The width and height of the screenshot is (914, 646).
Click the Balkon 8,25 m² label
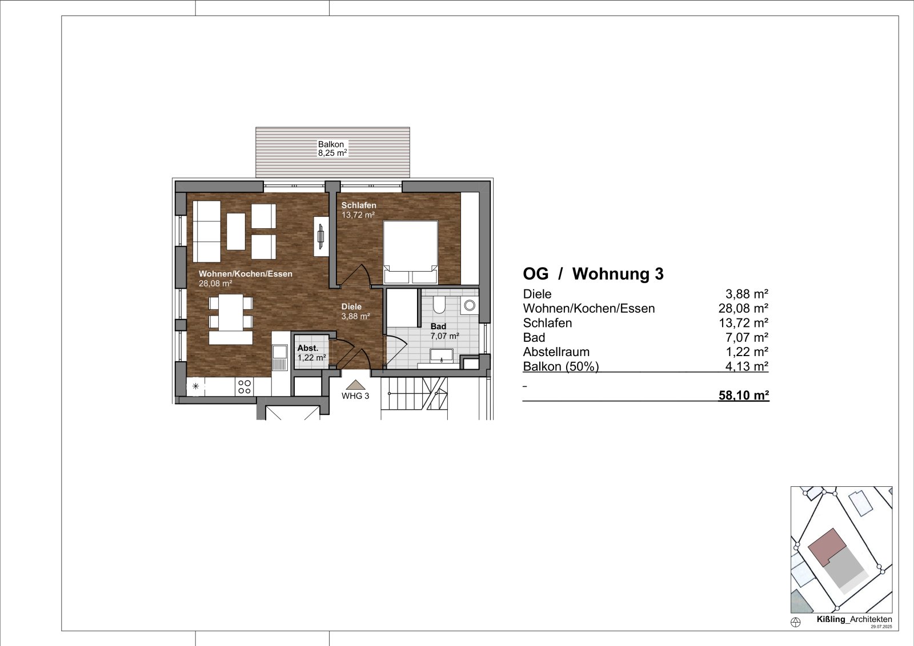pos(332,149)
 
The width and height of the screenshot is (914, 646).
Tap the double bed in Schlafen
pos(411,251)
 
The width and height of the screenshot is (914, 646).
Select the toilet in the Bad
pos(439,306)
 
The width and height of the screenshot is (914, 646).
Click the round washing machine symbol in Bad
pos(470,305)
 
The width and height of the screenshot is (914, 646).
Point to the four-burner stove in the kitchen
pos(244,387)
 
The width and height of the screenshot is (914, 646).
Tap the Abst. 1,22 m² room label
pos(311,353)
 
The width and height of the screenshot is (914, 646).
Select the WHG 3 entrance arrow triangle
pos(355,385)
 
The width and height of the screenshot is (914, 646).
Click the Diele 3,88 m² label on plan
pos(355,311)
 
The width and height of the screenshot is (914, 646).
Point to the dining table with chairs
pos(230,320)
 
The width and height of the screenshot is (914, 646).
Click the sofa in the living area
pos(207,231)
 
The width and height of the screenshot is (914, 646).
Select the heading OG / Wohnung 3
pos(593,274)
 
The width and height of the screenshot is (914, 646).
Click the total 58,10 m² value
pos(743,395)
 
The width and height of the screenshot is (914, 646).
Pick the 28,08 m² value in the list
pos(743,309)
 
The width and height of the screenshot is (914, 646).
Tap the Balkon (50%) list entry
pos(560,366)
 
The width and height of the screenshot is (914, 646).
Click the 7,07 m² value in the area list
pos(746,338)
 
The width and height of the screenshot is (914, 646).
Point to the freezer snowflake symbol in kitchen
pos(196,386)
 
